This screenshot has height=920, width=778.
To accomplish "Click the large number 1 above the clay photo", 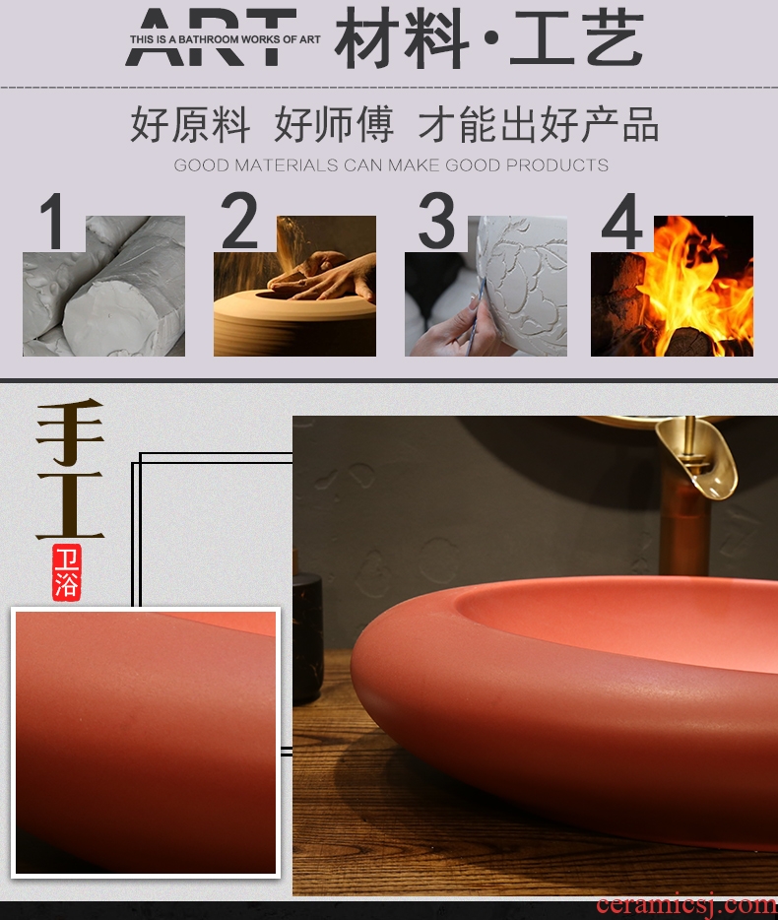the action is (x=54, y=222).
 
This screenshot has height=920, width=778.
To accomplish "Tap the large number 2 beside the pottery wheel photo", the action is (x=239, y=220).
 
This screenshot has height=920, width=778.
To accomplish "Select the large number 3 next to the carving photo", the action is (x=436, y=220).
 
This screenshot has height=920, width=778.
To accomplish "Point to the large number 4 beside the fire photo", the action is (x=622, y=222).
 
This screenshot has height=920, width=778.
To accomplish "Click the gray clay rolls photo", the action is (x=103, y=286).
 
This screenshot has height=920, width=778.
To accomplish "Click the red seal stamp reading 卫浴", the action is (x=66, y=572).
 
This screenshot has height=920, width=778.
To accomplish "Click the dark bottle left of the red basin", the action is (x=307, y=638).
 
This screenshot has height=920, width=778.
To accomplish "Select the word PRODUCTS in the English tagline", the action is (x=556, y=165).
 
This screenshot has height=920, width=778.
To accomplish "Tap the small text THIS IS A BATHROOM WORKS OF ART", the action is (x=225, y=39).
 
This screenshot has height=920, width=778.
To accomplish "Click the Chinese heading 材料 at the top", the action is (x=402, y=38).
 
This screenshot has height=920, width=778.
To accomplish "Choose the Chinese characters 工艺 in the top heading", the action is (x=576, y=38).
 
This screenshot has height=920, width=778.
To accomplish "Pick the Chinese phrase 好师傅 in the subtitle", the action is (x=334, y=124).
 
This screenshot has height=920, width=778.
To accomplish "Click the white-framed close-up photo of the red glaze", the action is (x=146, y=743).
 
